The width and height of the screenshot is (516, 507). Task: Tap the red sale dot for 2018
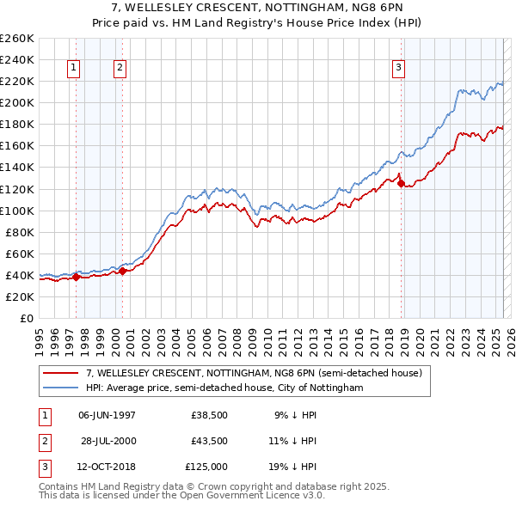tap(402, 183)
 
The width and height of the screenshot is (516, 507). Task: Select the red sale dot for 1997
tap(76, 277)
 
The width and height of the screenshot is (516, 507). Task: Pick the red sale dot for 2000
tap(123, 271)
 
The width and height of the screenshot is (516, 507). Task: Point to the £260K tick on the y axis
tap(16, 39)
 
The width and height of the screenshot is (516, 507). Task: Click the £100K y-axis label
tap(16, 211)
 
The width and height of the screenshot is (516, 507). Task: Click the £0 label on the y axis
tap(26, 318)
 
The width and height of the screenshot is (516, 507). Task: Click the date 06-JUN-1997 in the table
tap(107, 414)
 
